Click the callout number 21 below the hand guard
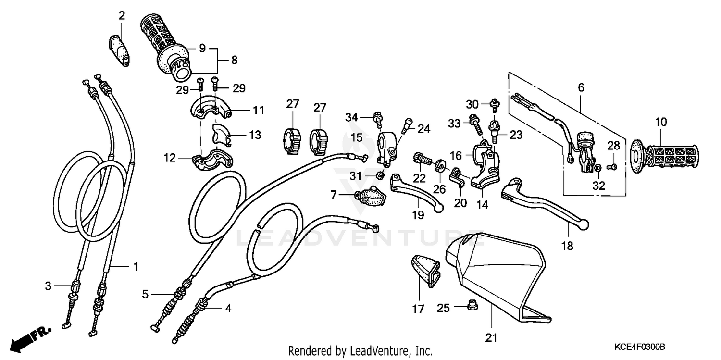[x=490, y=338]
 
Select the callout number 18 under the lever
[x=567, y=246]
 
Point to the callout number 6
[x=581, y=87]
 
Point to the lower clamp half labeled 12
[x=211, y=159]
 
